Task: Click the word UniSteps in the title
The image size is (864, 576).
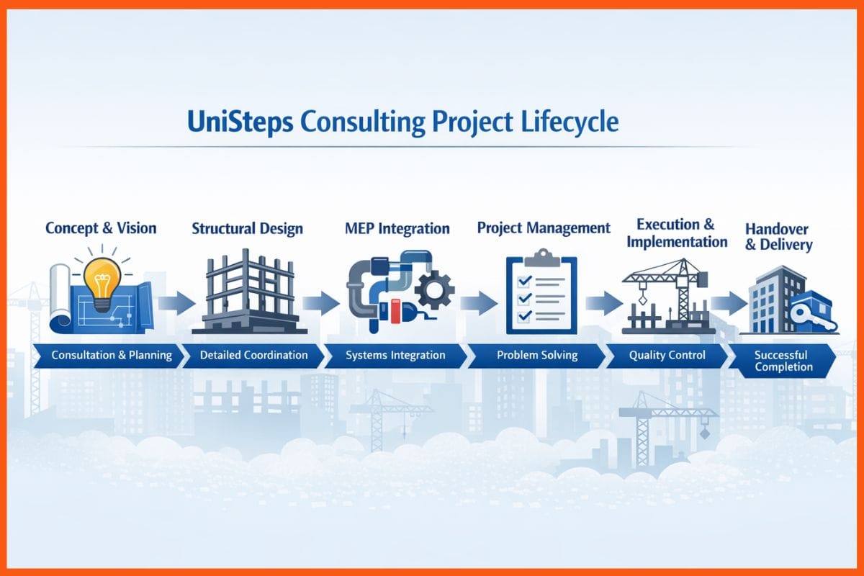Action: pos(239,122)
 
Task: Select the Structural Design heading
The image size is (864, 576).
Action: pos(247,229)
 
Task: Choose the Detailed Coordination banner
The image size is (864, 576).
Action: pos(253,355)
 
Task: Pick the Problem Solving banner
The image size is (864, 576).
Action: pos(536,355)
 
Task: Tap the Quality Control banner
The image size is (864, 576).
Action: pos(667,355)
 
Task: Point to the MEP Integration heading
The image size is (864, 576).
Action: pos(397,229)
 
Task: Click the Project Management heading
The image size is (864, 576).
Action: pos(544,228)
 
